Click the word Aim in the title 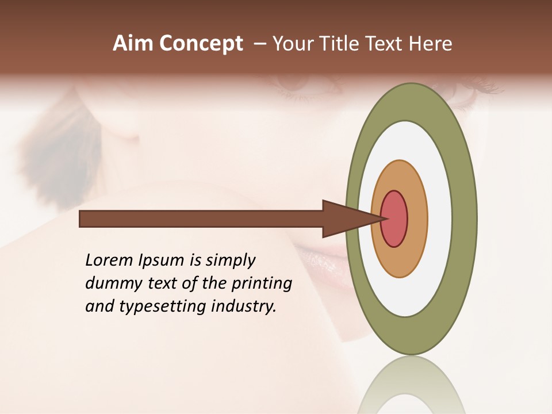[x=133, y=44]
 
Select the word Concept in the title [x=201, y=44]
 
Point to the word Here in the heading [x=431, y=44]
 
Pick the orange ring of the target [x=417, y=218]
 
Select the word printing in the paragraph [x=262, y=284]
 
